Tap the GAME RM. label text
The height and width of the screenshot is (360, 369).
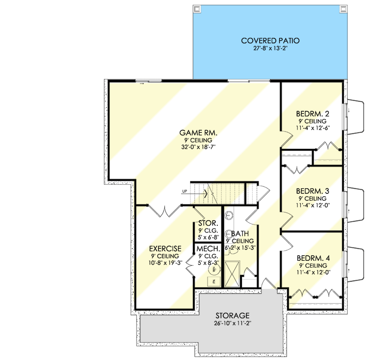[198, 133]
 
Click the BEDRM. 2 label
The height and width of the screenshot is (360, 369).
[313, 114]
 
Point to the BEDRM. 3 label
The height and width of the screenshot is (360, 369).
[313, 191]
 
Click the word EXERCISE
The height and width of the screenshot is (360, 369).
[165, 248]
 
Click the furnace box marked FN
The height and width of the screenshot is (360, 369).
[214, 281]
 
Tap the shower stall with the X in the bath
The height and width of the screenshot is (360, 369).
[232, 273]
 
